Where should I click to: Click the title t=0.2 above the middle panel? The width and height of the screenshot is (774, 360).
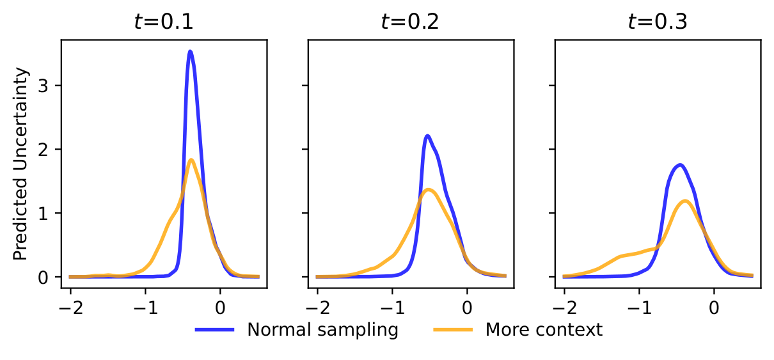[x=410, y=22]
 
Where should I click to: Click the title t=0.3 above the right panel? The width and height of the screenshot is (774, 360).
[x=657, y=22]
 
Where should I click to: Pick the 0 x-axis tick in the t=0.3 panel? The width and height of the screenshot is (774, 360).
[x=714, y=306]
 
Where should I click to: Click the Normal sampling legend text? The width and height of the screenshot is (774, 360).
[x=323, y=330]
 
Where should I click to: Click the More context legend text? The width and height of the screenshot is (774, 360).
[x=544, y=330]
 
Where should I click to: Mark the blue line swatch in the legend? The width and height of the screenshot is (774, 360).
[x=215, y=330]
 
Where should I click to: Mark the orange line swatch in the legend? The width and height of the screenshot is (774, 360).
[x=454, y=330]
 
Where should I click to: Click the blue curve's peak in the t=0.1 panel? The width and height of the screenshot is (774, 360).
[x=190, y=51]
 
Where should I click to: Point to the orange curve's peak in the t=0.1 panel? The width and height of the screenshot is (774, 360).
[x=191, y=160]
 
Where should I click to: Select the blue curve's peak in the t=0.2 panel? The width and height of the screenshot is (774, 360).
[x=427, y=136]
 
